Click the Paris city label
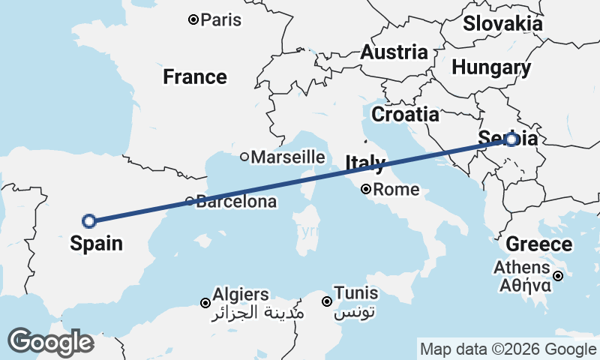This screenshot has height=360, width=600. (x=221, y=19)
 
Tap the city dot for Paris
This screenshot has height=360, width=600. (x=193, y=19)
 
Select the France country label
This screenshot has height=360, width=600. (x=195, y=76)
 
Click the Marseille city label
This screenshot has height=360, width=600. (x=288, y=157)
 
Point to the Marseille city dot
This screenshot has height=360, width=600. (x=244, y=157)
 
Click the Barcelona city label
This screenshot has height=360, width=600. (x=236, y=202)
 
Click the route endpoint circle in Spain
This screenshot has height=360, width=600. (x=89, y=220)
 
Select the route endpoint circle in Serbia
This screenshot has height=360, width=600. (x=511, y=139)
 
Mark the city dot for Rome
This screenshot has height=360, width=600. (x=366, y=189)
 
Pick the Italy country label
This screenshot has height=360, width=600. (x=365, y=162)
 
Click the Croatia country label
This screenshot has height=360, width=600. (x=405, y=115)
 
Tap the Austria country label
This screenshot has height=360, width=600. (x=394, y=52)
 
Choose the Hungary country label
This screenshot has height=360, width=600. (x=491, y=67)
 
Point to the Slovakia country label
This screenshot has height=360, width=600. (x=502, y=23)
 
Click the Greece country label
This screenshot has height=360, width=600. (x=538, y=244)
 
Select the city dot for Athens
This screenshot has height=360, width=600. (x=559, y=276)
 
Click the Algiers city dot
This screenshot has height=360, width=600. (x=205, y=303)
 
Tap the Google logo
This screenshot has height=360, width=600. (x=51, y=342)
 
